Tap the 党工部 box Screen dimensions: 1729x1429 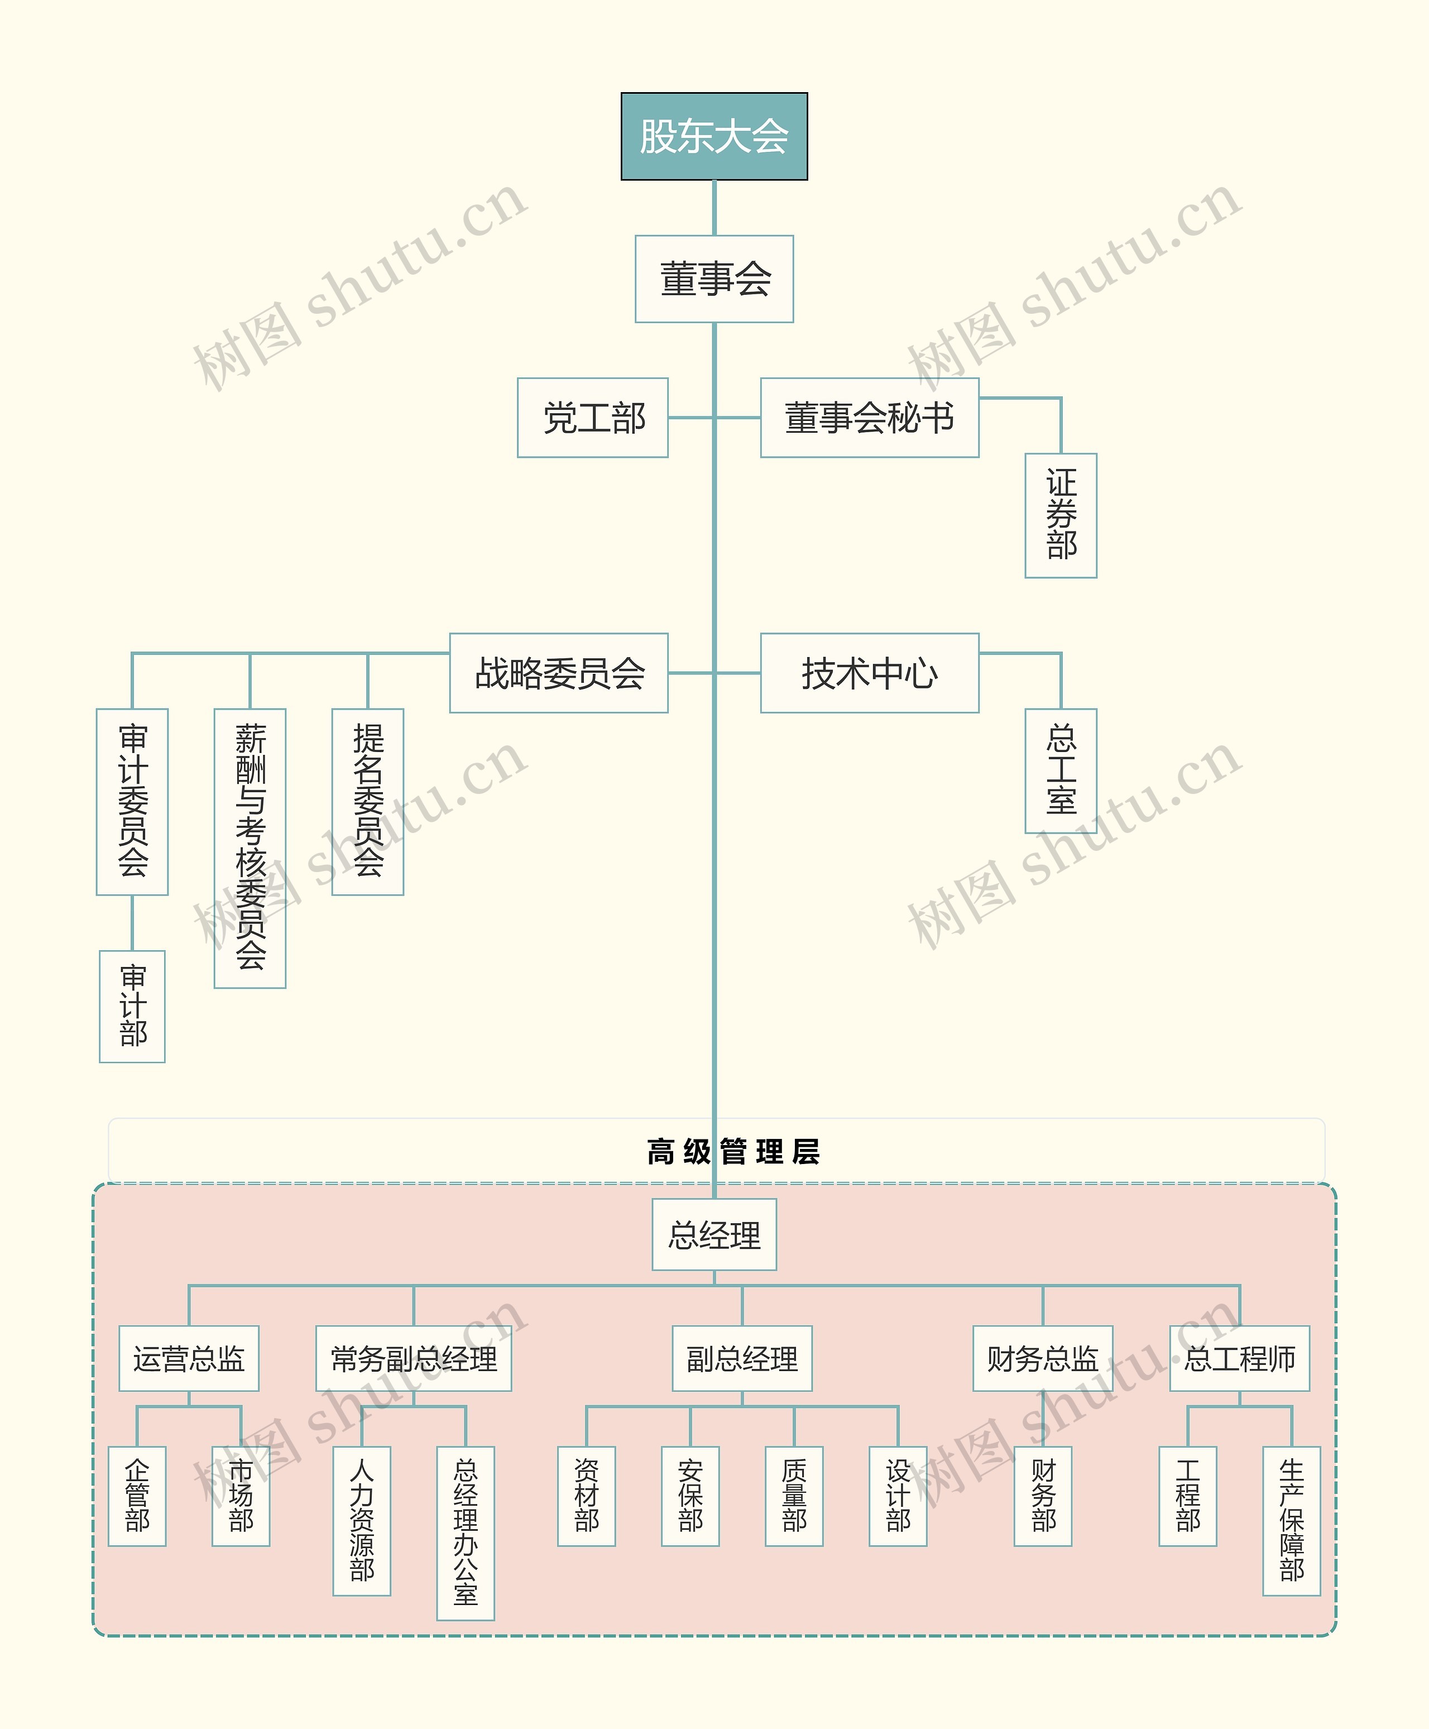(593, 418)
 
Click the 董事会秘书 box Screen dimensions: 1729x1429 (869, 418)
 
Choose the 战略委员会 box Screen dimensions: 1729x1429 (559, 673)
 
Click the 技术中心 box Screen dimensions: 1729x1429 (869, 673)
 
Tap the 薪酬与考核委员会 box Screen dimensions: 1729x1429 (250, 848)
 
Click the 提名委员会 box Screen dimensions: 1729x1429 (367, 801)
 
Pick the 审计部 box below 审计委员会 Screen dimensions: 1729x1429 (132, 1006)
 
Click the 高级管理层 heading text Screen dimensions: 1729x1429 (732, 1152)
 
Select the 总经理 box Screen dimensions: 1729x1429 (714, 1235)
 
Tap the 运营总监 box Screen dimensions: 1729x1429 (189, 1358)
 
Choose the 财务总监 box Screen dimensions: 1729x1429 (1042, 1358)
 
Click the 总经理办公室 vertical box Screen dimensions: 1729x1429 (465, 1533)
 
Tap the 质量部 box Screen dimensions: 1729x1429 (794, 1496)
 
